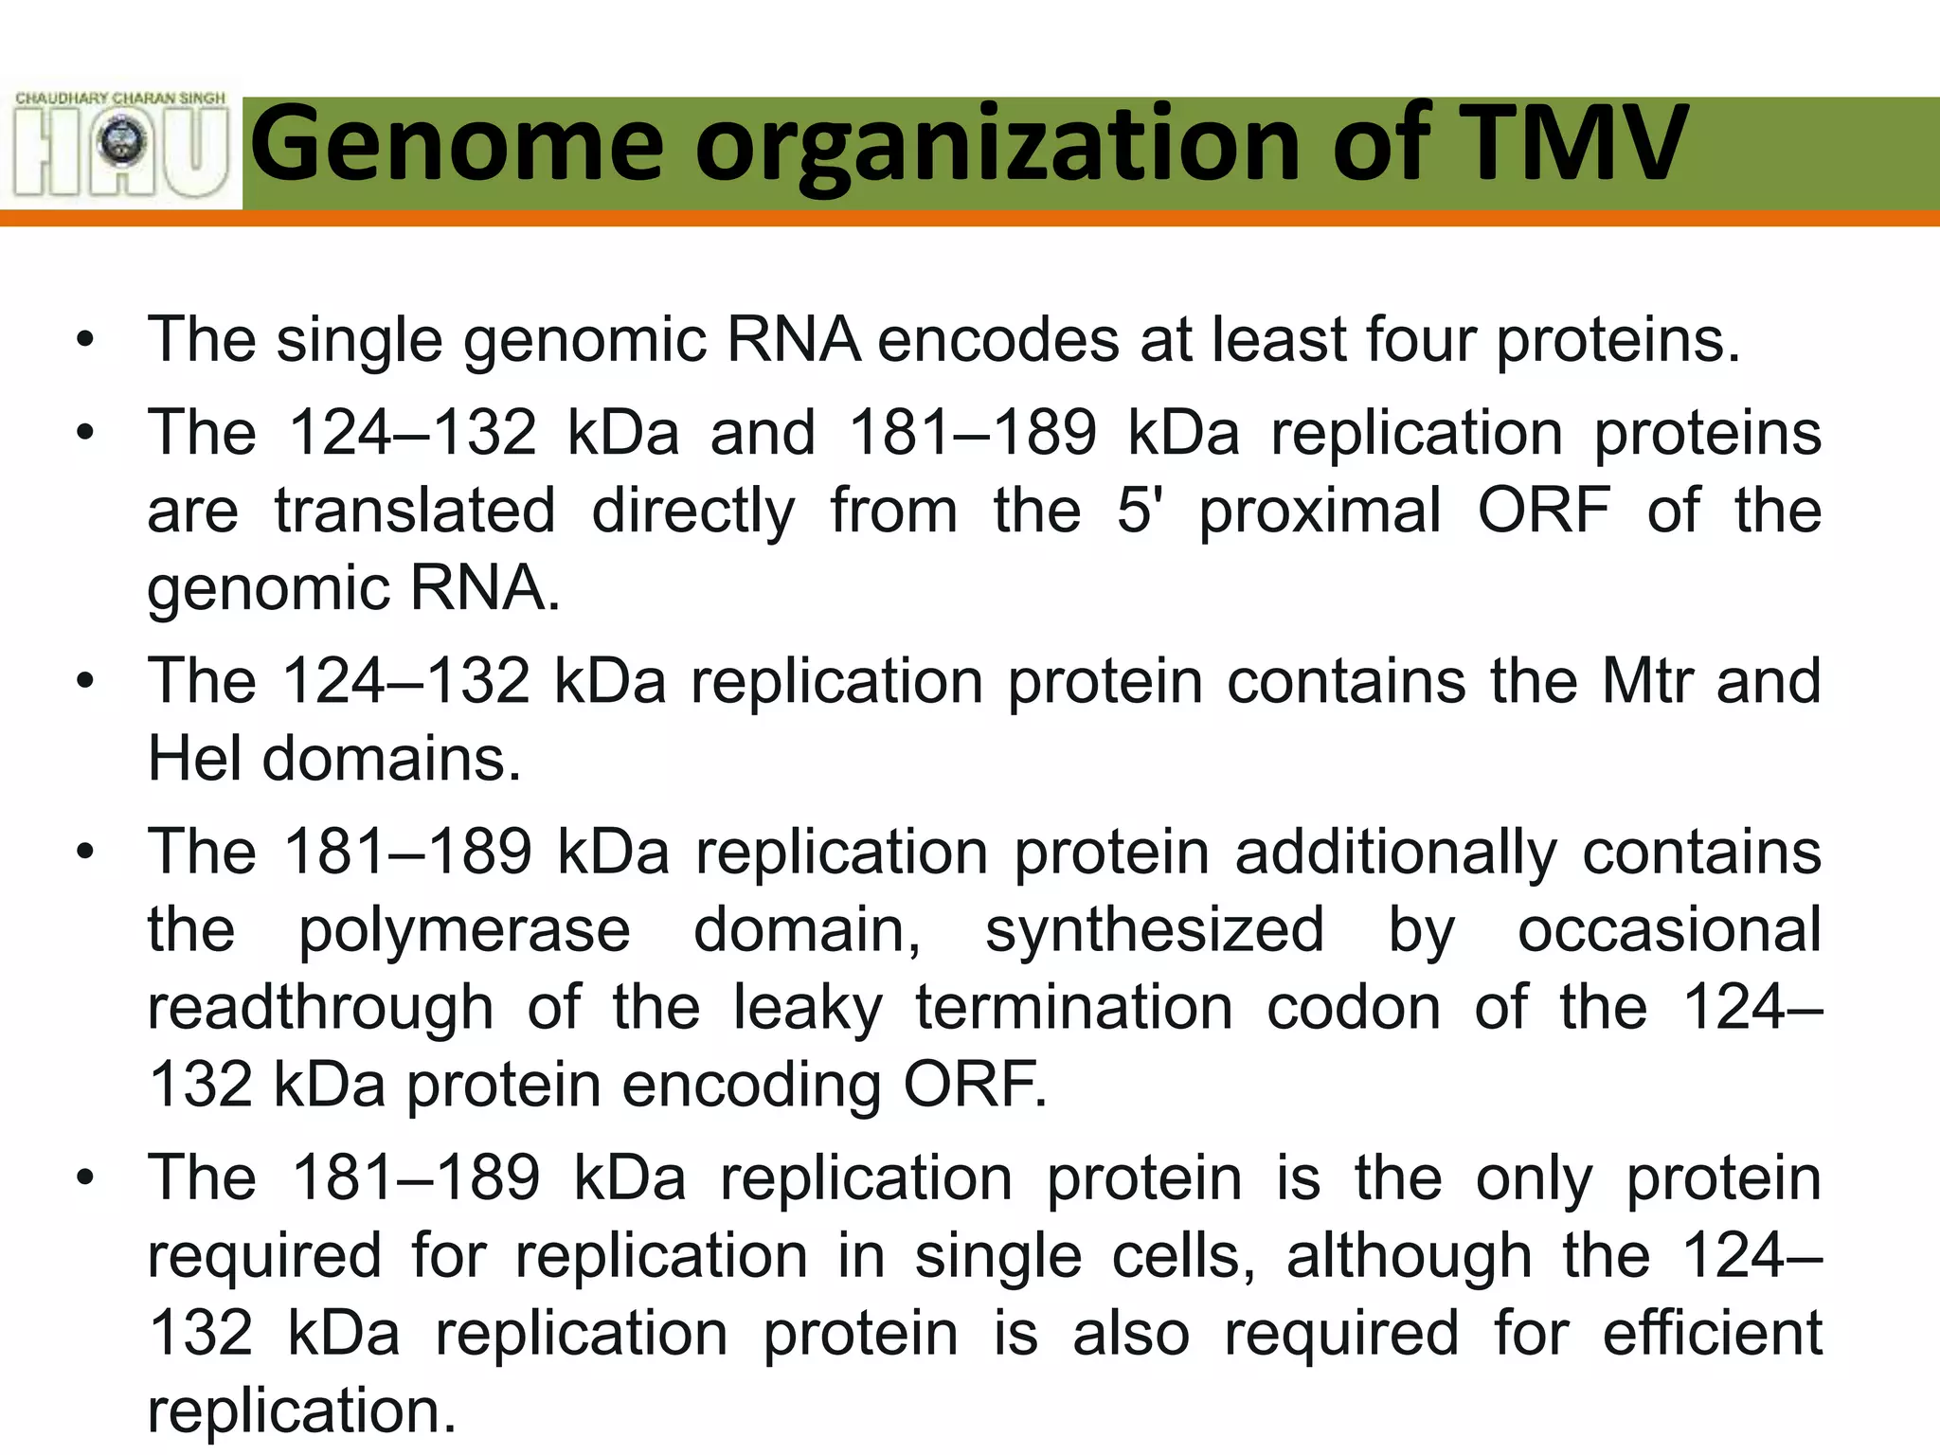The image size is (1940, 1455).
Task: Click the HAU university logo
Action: click(121, 144)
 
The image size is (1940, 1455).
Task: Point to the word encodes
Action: click(998, 340)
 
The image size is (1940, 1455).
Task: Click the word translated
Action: click(415, 512)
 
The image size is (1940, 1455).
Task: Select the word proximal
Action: click(1320, 512)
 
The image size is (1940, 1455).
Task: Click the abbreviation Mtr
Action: click(1646, 681)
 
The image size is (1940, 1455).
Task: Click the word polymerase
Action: click(464, 931)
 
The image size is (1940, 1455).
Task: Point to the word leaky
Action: click(808, 1009)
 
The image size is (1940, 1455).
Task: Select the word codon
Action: click(1354, 1007)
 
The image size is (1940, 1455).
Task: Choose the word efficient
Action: click(1712, 1334)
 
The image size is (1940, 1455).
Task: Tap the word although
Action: click(1409, 1258)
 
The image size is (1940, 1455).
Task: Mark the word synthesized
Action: click(1155, 931)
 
